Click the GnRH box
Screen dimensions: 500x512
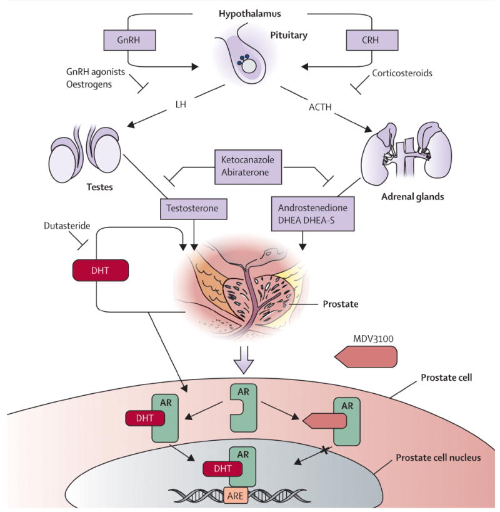[x=129, y=40]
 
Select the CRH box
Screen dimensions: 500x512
[x=372, y=40]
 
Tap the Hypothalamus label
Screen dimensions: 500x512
[x=249, y=14]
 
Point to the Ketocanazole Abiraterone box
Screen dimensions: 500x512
[x=248, y=167]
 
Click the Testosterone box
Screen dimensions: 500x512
[x=194, y=209]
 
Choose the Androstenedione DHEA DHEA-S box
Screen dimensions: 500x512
[x=312, y=214]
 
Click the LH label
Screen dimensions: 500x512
[x=181, y=104]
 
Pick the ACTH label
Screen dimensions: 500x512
[x=320, y=107]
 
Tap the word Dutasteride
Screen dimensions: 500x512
[x=67, y=226]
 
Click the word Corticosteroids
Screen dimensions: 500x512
[x=402, y=73]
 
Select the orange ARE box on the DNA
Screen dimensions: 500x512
[x=236, y=496]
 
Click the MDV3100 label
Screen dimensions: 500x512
[x=373, y=339]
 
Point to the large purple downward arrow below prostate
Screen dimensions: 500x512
[x=244, y=359]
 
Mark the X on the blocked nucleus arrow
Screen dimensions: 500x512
[x=325, y=451]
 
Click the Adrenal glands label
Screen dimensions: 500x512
[x=412, y=197]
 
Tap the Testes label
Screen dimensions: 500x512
[x=99, y=187]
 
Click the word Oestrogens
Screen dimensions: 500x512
[x=89, y=84]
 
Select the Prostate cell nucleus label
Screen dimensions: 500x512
[x=438, y=458]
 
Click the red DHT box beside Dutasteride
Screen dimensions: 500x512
[x=100, y=270]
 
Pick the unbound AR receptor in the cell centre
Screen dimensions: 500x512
[x=244, y=408]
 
